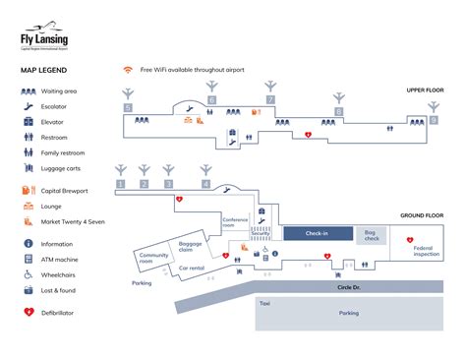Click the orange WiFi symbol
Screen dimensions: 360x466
[x=127, y=70]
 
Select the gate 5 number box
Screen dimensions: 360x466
[x=128, y=106]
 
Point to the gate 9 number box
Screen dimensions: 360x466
[x=434, y=120]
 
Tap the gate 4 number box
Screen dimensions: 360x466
[x=205, y=184]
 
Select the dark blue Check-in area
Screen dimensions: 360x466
[x=318, y=233]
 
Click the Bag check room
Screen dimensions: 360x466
[x=372, y=235]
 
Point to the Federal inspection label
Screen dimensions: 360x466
[x=426, y=251]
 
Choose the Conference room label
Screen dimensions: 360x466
[x=235, y=223]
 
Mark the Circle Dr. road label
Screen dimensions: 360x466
[x=349, y=288]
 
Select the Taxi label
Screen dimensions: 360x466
[x=263, y=304]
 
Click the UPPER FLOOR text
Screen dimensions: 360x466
[x=425, y=90]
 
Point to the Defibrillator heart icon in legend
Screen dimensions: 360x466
[x=29, y=313]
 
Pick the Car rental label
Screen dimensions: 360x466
[x=191, y=268]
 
